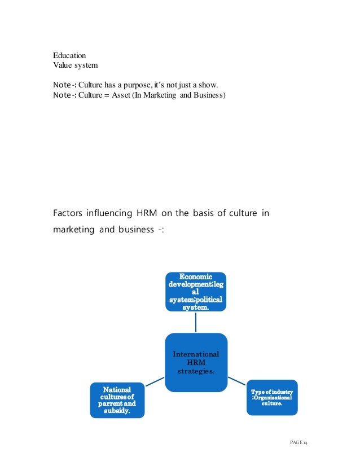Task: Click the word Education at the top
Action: click(69, 56)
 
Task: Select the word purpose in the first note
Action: click(144, 85)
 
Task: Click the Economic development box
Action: click(196, 292)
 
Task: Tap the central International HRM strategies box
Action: click(196, 362)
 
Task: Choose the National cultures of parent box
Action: click(117, 400)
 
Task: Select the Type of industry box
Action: click(271, 398)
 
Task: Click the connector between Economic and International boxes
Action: click(196, 322)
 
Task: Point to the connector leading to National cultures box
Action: click(155, 383)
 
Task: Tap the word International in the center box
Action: click(196, 354)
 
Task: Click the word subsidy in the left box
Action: click(117, 411)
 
